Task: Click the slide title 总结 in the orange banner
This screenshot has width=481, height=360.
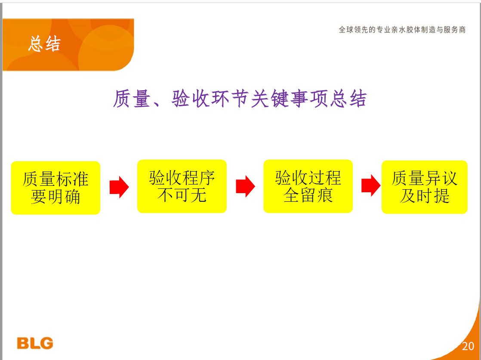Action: pyautogui.click(x=44, y=43)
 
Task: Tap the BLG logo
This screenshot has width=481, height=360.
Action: pyautogui.click(x=35, y=343)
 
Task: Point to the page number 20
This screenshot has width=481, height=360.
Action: pyautogui.click(x=468, y=346)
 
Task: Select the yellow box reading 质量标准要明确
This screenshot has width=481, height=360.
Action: pyautogui.click(x=55, y=188)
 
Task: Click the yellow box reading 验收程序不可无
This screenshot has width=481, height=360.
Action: pyautogui.click(x=182, y=186)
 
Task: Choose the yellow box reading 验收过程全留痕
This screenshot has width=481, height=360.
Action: pyautogui.click(x=308, y=186)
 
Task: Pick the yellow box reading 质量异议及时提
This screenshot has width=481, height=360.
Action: pyautogui.click(x=425, y=187)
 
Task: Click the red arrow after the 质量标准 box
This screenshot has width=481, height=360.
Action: pyautogui.click(x=119, y=187)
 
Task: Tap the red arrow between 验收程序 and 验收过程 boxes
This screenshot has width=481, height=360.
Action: pyautogui.click(x=245, y=186)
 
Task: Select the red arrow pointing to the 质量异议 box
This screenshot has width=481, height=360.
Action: pyautogui.click(x=371, y=185)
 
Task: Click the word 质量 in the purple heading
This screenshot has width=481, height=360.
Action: pyautogui.click(x=132, y=99)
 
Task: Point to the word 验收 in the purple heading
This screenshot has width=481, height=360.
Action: pyautogui.click(x=191, y=99)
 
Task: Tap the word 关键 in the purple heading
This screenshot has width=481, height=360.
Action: pyautogui.click(x=270, y=99)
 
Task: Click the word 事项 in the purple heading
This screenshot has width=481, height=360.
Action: pyautogui.click(x=309, y=99)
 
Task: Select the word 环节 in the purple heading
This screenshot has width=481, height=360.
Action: pyautogui.click(x=230, y=99)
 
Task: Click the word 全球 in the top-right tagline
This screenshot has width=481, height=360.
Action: pyautogui.click(x=346, y=30)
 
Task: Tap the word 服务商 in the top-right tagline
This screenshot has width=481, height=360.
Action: pyautogui.click(x=455, y=30)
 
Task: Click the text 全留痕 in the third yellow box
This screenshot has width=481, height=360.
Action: pyautogui.click(x=308, y=195)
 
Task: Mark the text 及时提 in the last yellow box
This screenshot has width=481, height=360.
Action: pyautogui.click(x=425, y=196)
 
